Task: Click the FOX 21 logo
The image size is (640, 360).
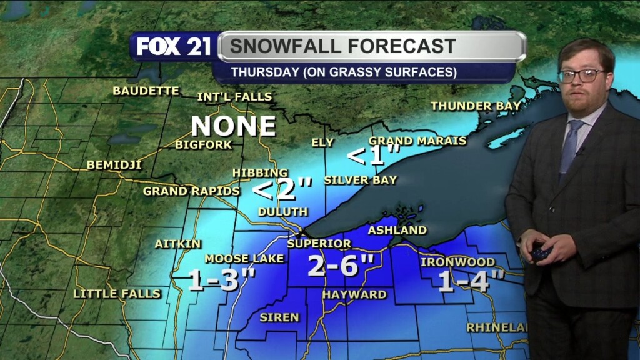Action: (174, 47)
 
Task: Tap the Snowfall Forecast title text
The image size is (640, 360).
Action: (342, 46)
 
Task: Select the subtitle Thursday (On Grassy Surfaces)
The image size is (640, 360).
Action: (343, 72)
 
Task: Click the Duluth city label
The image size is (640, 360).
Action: (282, 212)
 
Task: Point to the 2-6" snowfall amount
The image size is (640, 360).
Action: (341, 266)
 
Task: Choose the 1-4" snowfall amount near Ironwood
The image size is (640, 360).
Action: (471, 282)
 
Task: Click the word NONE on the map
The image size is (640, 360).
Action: (233, 126)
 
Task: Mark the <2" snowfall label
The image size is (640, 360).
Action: (282, 187)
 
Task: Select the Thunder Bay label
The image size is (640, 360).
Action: (476, 106)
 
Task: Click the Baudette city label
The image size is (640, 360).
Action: (146, 91)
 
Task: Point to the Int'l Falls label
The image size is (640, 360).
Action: (234, 97)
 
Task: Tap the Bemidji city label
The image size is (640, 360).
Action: (114, 165)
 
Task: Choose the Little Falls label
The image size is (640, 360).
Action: (117, 293)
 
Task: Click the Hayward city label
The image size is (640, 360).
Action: (354, 294)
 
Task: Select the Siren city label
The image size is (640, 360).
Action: (279, 317)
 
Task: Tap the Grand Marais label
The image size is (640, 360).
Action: (417, 141)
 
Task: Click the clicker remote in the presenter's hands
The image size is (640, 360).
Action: (539, 254)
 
